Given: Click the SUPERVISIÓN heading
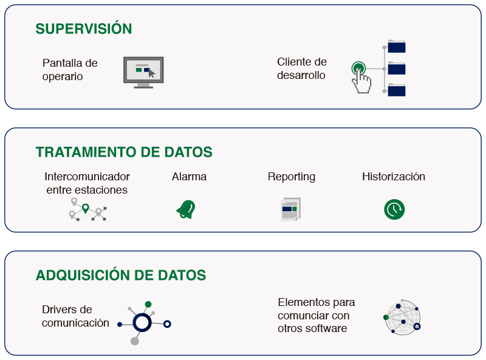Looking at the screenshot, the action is click(x=84, y=28).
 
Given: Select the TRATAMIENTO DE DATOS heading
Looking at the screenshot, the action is click(x=124, y=152).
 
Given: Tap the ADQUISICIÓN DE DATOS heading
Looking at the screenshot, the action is click(x=121, y=275).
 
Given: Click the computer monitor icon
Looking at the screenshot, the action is click(x=143, y=72).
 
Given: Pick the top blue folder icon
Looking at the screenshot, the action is click(x=397, y=47).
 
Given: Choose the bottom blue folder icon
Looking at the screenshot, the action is click(x=397, y=90).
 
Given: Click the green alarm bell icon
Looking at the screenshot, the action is click(x=186, y=209).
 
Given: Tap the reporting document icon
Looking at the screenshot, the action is click(x=291, y=209).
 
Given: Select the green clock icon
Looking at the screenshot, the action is click(x=394, y=209).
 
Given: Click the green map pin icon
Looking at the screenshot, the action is click(x=86, y=208).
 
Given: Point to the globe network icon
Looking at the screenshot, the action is click(x=402, y=318).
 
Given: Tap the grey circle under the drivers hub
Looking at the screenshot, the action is click(x=134, y=341).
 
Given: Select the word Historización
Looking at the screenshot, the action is click(x=394, y=177).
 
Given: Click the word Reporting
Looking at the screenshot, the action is click(x=292, y=177).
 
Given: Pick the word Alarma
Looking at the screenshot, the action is click(x=189, y=177).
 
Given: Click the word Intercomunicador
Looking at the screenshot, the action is click(x=87, y=177).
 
